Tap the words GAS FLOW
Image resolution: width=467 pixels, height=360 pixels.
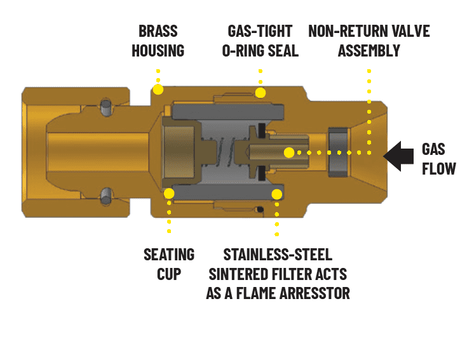point(438,159)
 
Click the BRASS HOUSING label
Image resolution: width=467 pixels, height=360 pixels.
point(158,41)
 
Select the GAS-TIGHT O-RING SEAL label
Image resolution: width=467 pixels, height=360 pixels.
point(260,41)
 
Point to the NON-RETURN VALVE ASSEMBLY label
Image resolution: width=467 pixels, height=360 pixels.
point(369,41)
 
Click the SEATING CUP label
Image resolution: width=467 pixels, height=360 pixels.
point(169,264)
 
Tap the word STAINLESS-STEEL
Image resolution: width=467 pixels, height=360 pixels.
point(278,255)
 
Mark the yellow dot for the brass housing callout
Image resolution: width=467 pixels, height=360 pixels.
point(158,90)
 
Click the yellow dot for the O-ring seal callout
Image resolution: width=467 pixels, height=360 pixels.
point(260,93)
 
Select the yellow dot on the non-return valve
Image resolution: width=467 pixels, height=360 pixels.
point(289,153)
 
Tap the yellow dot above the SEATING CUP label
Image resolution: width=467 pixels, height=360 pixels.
point(169,194)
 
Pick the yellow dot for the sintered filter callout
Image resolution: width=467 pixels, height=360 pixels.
point(276,194)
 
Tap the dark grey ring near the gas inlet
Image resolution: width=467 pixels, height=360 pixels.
point(337,153)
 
